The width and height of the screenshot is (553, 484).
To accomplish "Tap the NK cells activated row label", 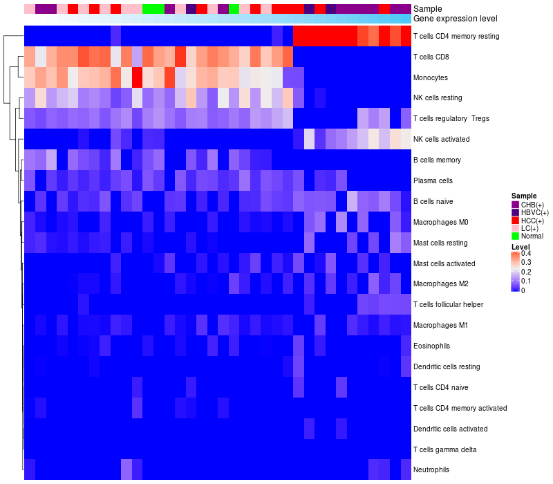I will point(441,140).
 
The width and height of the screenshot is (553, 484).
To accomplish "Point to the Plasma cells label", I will point(433,181).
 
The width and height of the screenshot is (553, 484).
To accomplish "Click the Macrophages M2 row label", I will point(440,284).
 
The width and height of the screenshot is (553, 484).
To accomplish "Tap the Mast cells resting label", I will point(440,243).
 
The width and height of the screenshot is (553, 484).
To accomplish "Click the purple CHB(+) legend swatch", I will point(515,205).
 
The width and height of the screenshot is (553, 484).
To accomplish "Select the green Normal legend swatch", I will point(515,236).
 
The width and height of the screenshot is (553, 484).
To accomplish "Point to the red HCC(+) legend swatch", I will point(515,221).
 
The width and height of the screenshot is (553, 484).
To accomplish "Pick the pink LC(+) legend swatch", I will point(515,228).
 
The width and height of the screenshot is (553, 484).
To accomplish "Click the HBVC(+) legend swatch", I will point(515,212).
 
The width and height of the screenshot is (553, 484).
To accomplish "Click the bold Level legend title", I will point(521,246).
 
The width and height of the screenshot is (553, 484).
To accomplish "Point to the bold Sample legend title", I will point(523,196).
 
